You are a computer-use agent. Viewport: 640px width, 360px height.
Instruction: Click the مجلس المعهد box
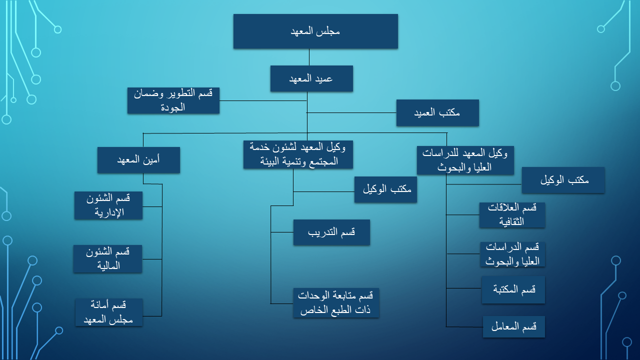click(x=315, y=31)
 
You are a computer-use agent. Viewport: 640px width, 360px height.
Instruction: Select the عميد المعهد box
click(x=311, y=78)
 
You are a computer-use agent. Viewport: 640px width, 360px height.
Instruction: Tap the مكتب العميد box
click(x=437, y=112)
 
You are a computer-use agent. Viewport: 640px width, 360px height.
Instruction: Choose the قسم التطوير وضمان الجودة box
click(x=173, y=100)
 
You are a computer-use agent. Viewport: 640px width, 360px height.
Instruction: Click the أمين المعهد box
click(x=138, y=160)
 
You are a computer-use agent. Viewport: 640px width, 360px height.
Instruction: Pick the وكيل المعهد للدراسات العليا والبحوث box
click(x=465, y=160)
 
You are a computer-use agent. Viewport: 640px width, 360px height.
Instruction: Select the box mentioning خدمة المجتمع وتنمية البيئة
click(x=298, y=154)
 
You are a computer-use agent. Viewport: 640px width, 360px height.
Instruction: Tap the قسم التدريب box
click(x=331, y=232)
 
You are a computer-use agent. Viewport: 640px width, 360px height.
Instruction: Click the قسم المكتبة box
click(x=513, y=289)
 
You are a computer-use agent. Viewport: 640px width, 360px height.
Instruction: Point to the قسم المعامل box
click(x=513, y=326)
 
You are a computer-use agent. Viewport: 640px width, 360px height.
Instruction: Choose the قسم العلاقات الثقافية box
click(x=512, y=215)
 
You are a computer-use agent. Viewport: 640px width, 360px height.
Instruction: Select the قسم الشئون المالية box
click(x=107, y=259)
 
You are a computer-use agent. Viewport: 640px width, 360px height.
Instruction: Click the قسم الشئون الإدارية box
click(x=108, y=205)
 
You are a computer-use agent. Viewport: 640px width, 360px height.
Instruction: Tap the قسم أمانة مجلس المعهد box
click(x=109, y=312)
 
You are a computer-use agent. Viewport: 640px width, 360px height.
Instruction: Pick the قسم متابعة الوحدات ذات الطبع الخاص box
click(x=336, y=303)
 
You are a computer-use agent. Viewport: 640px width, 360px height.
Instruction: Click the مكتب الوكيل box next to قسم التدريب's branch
click(x=385, y=189)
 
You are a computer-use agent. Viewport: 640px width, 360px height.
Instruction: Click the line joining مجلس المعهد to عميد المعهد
click(x=309, y=57)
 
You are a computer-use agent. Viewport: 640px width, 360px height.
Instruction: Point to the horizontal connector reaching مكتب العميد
click(x=351, y=112)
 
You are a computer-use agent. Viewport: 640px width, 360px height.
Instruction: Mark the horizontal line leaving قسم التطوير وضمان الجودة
click(x=263, y=100)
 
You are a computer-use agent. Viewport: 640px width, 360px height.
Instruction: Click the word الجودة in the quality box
click(x=172, y=107)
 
